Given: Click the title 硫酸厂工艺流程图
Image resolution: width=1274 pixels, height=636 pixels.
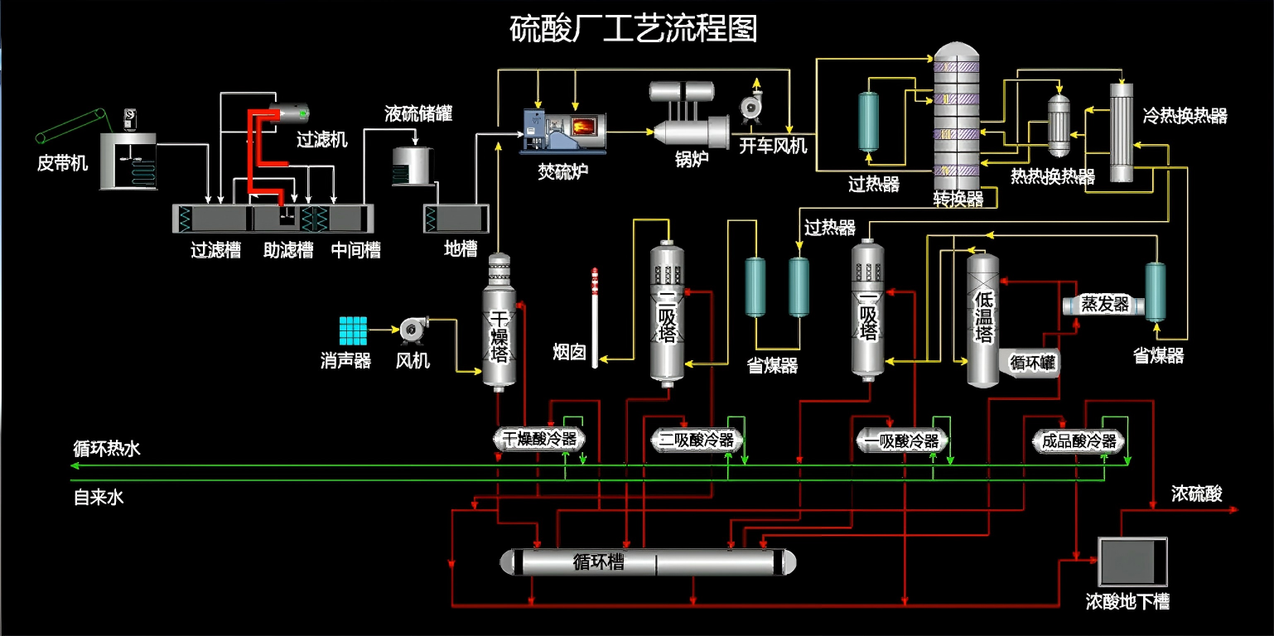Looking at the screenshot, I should click(633, 29).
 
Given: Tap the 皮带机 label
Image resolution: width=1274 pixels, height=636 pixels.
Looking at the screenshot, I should click(62, 163).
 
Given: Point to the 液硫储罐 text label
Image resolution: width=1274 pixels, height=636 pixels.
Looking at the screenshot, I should click(418, 114).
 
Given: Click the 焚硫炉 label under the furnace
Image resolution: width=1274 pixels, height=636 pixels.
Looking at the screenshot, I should click(563, 172).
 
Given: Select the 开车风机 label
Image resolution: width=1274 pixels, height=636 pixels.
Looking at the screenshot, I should click(773, 147).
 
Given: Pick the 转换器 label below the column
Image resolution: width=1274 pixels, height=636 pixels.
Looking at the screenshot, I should click(958, 200).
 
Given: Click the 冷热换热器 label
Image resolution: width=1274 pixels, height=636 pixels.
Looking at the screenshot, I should click(1185, 115).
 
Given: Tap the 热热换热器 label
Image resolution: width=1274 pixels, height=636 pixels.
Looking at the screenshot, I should click(1052, 176).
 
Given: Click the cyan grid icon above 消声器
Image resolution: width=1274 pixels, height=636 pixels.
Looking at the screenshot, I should click(353, 330).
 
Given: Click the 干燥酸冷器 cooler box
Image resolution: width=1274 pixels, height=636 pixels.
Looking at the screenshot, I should click(540, 439).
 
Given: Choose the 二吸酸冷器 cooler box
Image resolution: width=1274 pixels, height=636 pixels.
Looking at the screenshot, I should click(697, 440).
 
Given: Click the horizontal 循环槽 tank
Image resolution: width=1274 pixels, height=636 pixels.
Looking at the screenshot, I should click(648, 562).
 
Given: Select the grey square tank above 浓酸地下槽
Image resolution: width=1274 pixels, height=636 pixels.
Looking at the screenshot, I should click(1132, 562).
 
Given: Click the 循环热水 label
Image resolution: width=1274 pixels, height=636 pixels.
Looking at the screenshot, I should click(107, 449).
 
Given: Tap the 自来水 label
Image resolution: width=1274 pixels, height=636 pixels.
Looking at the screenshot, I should click(99, 498).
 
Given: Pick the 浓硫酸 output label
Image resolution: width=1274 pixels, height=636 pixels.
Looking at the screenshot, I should click(1196, 494).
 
